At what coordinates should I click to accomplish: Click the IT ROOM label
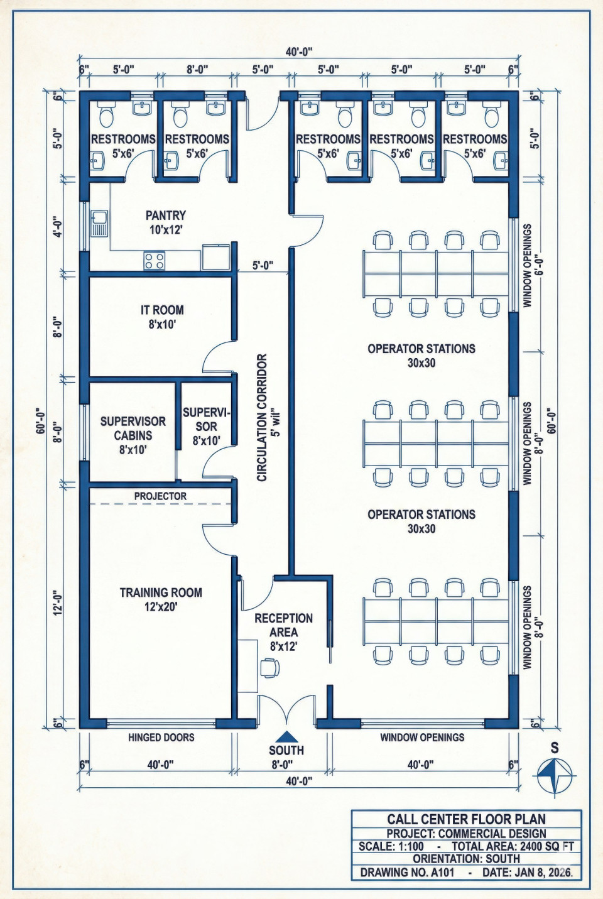point(162,317)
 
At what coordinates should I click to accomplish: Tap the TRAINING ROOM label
point(161,599)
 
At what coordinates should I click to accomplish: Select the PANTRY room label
point(165,222)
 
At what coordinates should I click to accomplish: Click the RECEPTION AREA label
point(283,631)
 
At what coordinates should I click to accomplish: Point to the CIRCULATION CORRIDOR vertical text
point(263,417)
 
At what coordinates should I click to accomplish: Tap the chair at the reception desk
point(270,668)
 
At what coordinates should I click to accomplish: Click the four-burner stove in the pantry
point(155,261)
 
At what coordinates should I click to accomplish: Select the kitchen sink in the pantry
point(99,224)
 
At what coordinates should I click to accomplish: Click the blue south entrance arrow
point(286,737)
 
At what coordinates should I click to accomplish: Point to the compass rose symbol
point(555,775)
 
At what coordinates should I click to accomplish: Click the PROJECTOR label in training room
point(160,496)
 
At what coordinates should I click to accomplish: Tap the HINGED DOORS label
point(161,738)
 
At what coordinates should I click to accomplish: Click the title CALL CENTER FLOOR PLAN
point(466,819)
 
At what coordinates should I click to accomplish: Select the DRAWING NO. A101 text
point(407,873)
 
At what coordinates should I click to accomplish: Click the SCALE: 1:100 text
point(391,846)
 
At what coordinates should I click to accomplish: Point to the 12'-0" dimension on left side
point(58,602)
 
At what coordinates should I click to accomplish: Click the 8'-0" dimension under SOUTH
point(282,765)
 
